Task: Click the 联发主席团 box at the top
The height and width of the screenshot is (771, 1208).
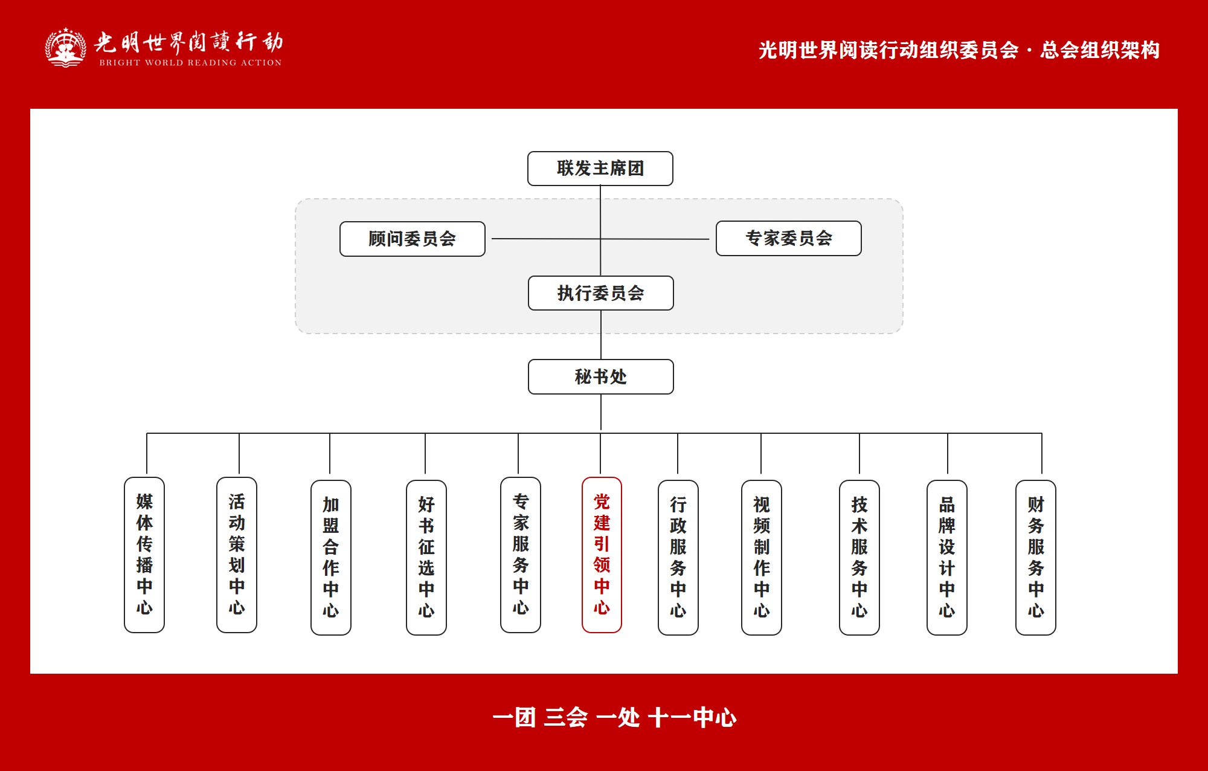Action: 600,169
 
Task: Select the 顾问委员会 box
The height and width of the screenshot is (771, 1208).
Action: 412,239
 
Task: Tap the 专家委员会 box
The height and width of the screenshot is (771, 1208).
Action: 788,238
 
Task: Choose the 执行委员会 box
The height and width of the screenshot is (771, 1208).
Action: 600,293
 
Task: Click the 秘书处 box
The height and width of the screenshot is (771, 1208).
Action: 600,376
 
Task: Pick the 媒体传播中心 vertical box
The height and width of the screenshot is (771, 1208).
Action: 144,555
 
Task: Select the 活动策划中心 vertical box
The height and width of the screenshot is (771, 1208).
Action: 237,555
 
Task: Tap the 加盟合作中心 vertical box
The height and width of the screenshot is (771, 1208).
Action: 330,557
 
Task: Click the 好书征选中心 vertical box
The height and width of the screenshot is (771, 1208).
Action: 426,557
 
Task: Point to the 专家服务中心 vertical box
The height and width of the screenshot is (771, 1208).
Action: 520,555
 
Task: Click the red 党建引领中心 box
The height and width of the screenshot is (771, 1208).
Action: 602,555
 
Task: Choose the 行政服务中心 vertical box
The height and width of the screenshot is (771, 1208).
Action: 678,557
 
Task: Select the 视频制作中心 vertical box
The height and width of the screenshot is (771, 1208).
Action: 761,557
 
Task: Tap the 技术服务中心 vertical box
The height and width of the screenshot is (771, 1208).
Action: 859,557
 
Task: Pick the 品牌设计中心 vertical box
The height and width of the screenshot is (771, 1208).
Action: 946,557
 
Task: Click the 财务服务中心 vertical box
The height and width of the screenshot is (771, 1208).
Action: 1035,557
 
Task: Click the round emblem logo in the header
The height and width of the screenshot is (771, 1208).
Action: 65,47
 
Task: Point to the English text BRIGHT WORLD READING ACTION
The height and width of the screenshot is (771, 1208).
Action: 190,62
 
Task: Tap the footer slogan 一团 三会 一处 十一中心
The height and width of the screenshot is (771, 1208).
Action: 614,718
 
